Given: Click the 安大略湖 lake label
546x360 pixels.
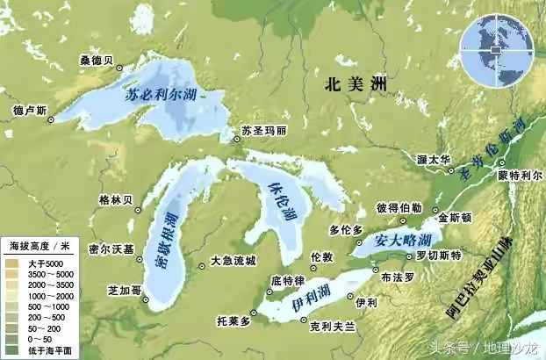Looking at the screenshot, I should [x=401, y=240].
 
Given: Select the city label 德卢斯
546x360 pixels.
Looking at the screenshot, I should [x=30, y=112].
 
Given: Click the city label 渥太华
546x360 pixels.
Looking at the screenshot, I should [x=434, y=161].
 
